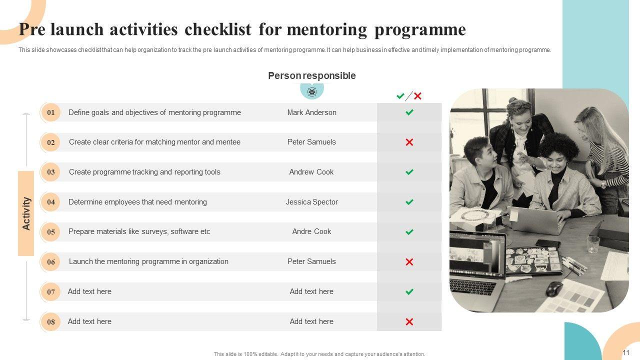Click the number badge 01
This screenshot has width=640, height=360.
click(x=50, y=112)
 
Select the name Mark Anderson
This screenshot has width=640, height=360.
click(x=311, y=112)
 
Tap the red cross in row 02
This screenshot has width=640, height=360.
click(x=409, y=142)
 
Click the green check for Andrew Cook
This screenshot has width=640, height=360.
click(x=409, y=172)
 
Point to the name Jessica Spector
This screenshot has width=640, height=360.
click(x=311, y=202)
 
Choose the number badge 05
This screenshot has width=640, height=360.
click(x=50, y=232)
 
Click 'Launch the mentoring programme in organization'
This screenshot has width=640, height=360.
click(x=148, y=261)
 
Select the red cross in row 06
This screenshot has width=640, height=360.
click(x=409, y=261)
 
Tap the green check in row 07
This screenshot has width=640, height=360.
click(x=409, y=291)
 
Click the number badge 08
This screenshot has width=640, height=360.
click(x=50, y=321)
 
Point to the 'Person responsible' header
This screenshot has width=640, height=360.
click(x=311, y=76)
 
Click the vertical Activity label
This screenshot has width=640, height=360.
click(x=26, y=213)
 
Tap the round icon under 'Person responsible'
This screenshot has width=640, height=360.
click(x=312, y=91)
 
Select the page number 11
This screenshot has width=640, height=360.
click(x=626, y=352)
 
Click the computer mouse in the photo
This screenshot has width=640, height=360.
click(x=554, y=288)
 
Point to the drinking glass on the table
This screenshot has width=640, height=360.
click(x=593, y=244)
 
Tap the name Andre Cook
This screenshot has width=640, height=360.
click(x=311, y=231)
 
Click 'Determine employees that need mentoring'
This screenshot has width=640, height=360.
click(x=137, y=202)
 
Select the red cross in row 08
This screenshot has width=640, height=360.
click(x=409, y=321)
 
